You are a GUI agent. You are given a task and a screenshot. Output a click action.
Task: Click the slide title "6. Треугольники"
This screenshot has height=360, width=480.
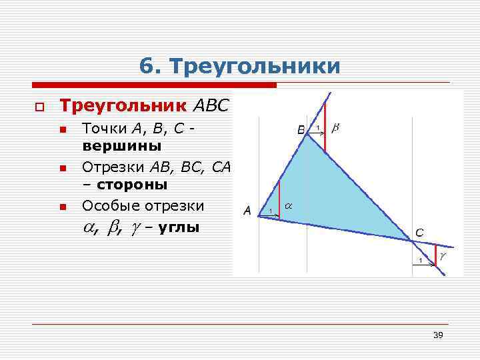pos(240,66)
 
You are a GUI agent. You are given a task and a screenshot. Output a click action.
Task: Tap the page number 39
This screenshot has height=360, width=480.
pos(438,335)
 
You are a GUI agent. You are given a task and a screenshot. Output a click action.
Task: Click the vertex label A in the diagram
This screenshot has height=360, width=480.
pos(247,211)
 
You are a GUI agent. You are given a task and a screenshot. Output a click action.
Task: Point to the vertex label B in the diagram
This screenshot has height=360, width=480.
pos(301,129)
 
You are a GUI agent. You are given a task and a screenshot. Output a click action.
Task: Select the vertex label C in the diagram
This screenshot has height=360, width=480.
pos(419,233)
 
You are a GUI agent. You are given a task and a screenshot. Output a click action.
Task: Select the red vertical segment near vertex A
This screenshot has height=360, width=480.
pos(279,198)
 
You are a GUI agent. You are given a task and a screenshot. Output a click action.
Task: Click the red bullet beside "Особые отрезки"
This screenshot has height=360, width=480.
pos(63,208)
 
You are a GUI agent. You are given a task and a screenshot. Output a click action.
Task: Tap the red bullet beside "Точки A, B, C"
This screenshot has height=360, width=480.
pos(63,129)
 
